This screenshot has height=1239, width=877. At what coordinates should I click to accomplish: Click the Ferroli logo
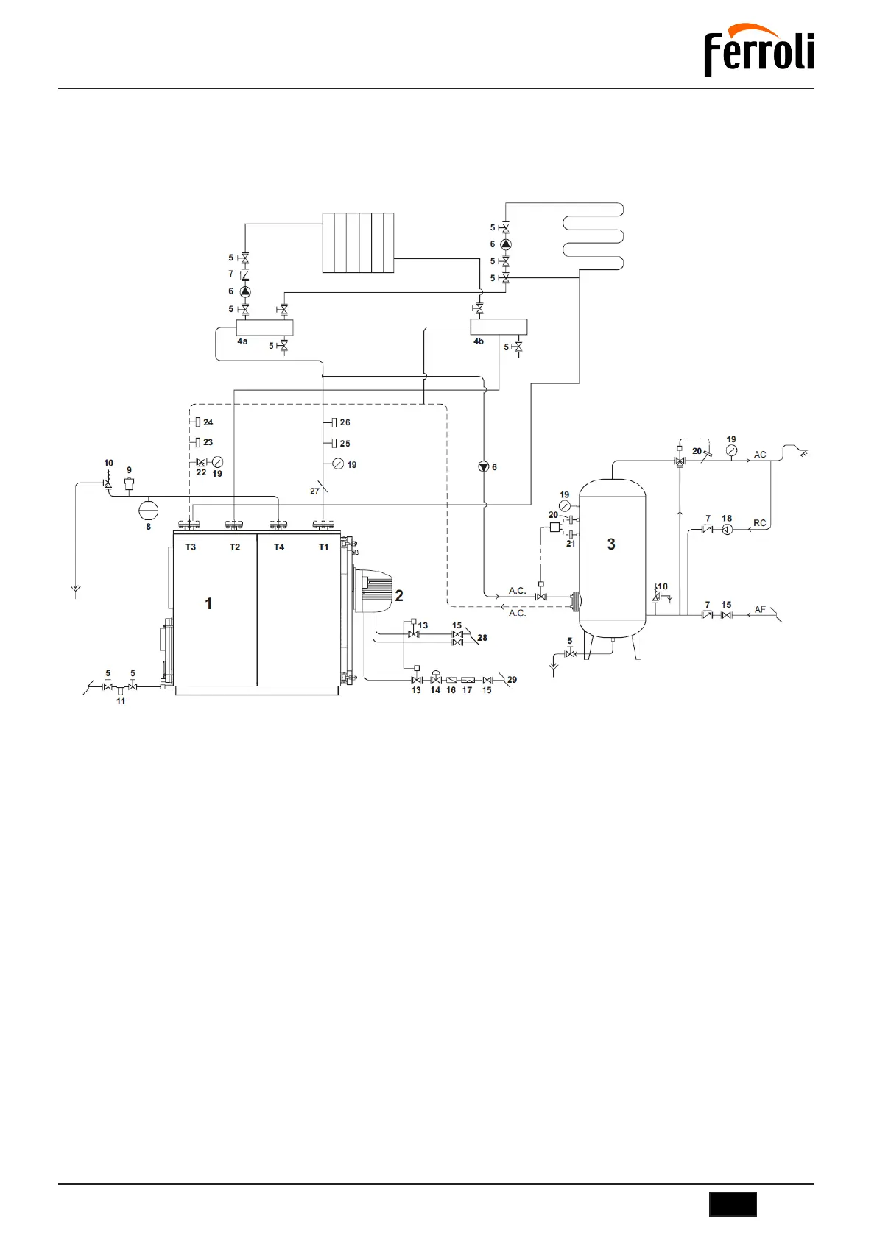(758, 50)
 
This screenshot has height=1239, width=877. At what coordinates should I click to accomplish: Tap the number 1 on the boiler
(208, 604)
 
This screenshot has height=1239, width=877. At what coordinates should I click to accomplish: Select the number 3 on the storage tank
(611, 544)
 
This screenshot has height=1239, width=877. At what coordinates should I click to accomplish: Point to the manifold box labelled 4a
(264, 328)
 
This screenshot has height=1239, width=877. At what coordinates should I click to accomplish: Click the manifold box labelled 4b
(499, 326)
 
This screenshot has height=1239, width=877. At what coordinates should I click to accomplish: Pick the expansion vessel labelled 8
(149, 510)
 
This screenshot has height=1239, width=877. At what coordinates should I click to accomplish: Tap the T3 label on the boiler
(191, 547)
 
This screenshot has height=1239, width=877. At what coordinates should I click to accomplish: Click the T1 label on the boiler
(323, 547)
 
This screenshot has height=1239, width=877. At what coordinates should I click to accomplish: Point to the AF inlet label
(760, 610)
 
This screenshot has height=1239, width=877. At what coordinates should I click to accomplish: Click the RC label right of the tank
(760, 523)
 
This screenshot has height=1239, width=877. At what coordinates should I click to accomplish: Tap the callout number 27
(314, 491)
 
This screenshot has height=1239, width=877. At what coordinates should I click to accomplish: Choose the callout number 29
(512, 680)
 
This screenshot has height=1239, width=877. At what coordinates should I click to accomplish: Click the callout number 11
(121, 701)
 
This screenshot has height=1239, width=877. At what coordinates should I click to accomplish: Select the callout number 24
(208, 422)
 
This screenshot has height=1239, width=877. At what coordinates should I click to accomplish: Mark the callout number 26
(345, 422)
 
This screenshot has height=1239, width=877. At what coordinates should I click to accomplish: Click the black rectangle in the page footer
(733, 1204)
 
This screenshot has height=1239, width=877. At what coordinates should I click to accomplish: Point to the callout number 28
(482, 638)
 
